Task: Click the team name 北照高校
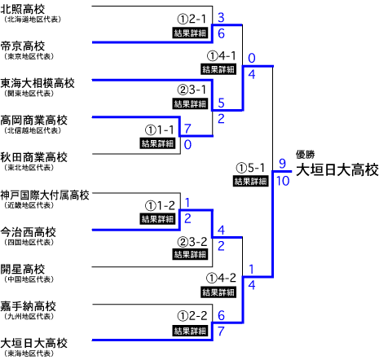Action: coord(23,10)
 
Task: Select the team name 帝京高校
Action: coord(23,46)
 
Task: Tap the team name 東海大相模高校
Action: coord(37,83)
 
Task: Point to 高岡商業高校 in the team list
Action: coord(33,121)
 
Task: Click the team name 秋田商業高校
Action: coord(33,157)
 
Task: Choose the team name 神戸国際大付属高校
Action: coord(45,195)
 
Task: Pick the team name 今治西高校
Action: coord(28,232)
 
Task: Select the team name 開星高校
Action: coord(23,270)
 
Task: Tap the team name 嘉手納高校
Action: coord(28,306)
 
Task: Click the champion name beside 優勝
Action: coord(337,170)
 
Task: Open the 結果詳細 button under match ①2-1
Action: coord(190,33)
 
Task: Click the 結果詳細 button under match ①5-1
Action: coord(250,181)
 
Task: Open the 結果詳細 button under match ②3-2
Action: coord(190,254)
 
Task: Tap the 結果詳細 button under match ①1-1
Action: coord(157,143)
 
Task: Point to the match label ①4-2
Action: coord(221,278)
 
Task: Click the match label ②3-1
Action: coord(192,90)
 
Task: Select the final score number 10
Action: coord(283,181)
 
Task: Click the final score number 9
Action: coord(283,164)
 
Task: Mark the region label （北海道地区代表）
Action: coord(33,20)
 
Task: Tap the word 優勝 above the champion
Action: coord(306,155)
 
